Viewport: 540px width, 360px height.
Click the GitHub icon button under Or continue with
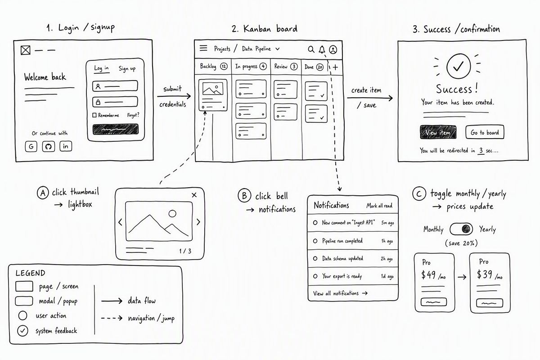click(49, 146)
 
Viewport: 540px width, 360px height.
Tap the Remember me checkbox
click(94, 115)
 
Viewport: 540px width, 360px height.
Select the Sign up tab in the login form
click(127, 69)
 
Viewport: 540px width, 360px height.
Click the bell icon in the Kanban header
click(322, 49)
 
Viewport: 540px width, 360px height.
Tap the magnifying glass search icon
click(311, 49)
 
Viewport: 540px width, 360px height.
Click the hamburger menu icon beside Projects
click(203, 48)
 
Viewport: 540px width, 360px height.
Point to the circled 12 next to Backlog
click(224, 66)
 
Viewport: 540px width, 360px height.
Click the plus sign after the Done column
click(335, 67)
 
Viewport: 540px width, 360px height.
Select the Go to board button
click(485, 132)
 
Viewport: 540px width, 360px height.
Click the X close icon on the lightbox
click(194, 195)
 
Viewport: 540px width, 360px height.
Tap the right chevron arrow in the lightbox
click(198, 222)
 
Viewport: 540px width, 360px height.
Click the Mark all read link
click(379, 206)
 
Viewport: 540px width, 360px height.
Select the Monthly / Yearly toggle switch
click(461, 229)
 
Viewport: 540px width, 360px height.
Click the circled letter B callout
click(244, 195)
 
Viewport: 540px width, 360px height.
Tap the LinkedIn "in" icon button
click(66, 146)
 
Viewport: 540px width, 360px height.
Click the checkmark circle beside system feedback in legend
click(22, 331)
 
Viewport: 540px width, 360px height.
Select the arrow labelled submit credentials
click(174, 96)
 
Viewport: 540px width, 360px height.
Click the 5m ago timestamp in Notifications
click(387, 223)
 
